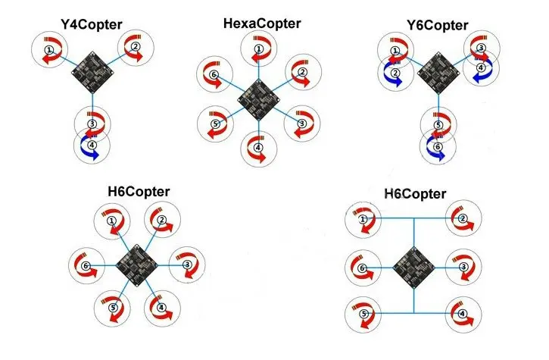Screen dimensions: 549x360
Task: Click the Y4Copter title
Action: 92,25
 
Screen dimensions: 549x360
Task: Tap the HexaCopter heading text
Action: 262,23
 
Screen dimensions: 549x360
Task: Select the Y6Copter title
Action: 438,26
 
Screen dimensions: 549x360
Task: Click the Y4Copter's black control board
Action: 93,72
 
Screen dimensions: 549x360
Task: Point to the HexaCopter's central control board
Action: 259,99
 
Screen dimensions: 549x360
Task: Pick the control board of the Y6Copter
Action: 438,73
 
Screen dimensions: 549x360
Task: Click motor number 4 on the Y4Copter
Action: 92,145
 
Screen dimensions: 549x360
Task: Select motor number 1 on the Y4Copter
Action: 49,50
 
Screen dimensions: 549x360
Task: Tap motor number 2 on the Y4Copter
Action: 136,47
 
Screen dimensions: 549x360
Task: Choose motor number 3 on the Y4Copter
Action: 92,124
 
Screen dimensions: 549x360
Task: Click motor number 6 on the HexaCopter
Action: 214,75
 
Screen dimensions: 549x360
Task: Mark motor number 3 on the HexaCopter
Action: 302,124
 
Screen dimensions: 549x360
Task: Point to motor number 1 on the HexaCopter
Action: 259,49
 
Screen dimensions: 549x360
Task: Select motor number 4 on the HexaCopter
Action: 259,149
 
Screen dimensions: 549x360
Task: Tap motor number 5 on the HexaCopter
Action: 215,124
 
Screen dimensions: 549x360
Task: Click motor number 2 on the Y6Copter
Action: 395,73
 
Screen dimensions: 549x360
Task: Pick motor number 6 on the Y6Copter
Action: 438,146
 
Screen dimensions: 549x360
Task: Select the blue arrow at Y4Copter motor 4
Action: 89,149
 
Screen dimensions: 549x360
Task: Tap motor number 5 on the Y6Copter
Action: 438,125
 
